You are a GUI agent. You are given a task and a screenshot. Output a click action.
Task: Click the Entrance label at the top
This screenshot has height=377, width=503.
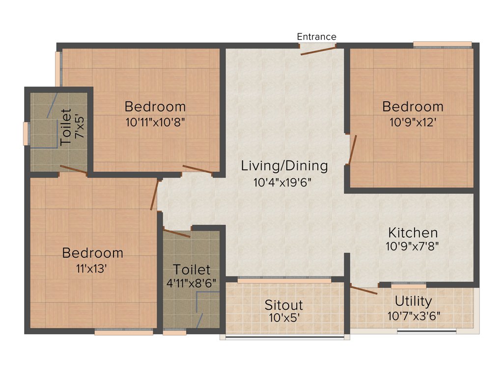pyautogui.click(x=317, y=37)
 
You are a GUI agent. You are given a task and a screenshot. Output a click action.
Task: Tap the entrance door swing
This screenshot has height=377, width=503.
pyautogui.click(x=318, y=51)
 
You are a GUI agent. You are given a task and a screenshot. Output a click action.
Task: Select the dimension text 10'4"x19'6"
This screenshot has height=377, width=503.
pyautogui.click(x=283, y=182)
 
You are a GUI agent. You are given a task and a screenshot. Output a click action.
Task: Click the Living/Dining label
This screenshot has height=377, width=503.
pyautogui.click(x=284, y=166)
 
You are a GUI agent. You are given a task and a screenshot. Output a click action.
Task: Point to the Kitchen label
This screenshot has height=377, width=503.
pyautogui.click(x=413, y=232)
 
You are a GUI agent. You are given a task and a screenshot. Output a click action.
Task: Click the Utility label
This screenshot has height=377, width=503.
pyautogui.click(x=414, y=301)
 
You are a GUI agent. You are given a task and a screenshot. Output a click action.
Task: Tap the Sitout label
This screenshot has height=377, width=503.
pyautogui.click(x=283, y=305)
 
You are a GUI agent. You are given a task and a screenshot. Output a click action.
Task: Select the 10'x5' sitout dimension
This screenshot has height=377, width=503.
pyautogui.click(x=284, y=318)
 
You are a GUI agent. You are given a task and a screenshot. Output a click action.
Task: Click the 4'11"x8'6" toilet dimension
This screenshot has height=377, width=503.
pyautogui.click(x=192, y=283)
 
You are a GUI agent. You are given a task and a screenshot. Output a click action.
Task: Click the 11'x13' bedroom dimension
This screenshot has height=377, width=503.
pyautogui.click(x=92, y=268)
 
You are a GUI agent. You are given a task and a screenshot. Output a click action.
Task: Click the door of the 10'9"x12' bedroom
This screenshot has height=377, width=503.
pyautogui.click(x=352, y=150)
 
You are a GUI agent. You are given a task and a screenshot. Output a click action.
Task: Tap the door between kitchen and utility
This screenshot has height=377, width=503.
pyautogui.click(x=363, y=289)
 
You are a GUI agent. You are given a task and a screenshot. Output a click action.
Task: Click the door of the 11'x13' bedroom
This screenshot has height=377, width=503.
pyautogui.click(x=155, y=195)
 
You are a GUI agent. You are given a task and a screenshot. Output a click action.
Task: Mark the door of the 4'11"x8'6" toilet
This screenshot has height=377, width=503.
pyautogui.click(x=177, y=233)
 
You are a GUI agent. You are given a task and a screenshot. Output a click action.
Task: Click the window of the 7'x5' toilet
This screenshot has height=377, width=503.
pyautogui.click(x=26, y=134)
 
